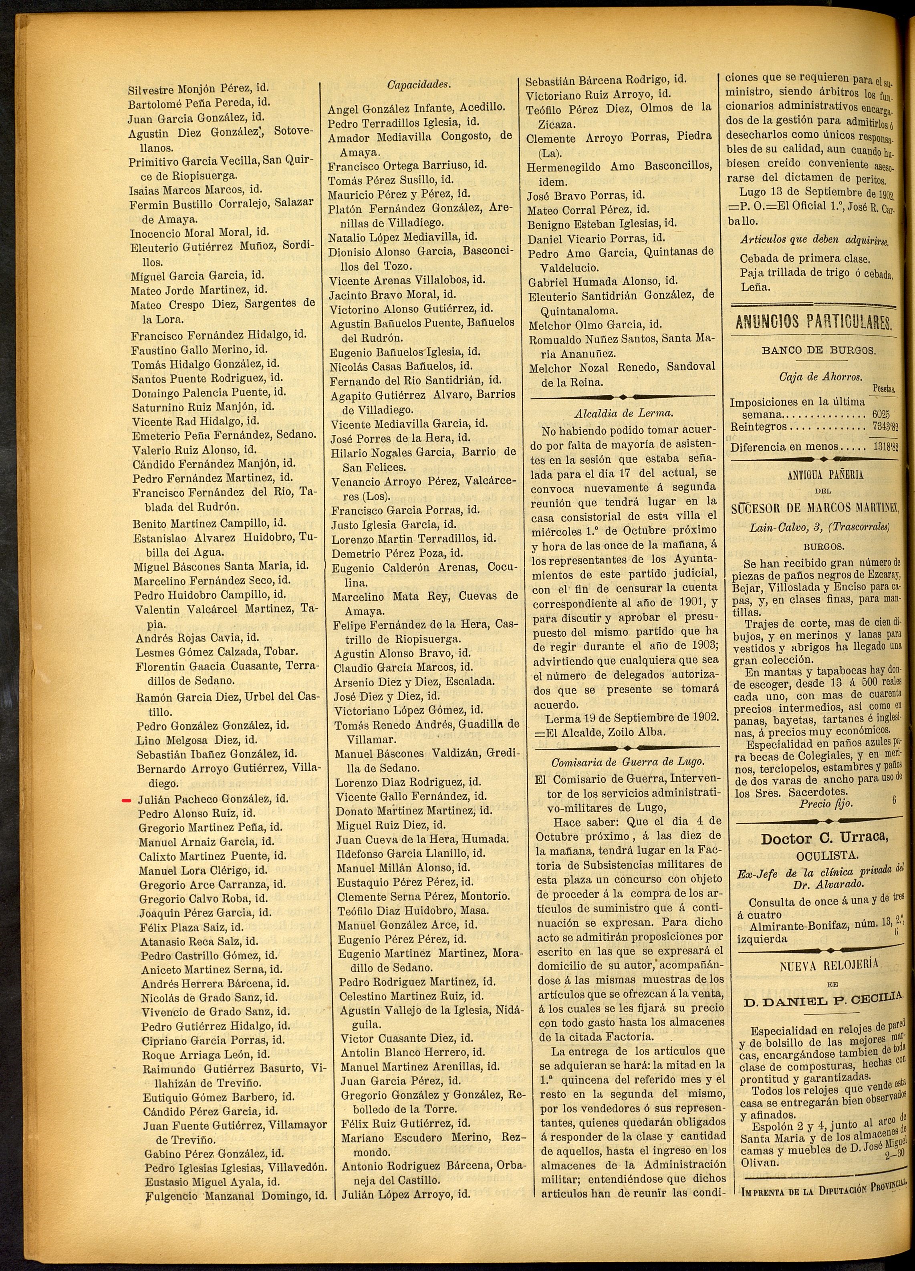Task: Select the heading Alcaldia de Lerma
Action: (x=623, y=414)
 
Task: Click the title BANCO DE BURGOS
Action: (x=818, y=351)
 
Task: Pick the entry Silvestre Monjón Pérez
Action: (x=191, y=89)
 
